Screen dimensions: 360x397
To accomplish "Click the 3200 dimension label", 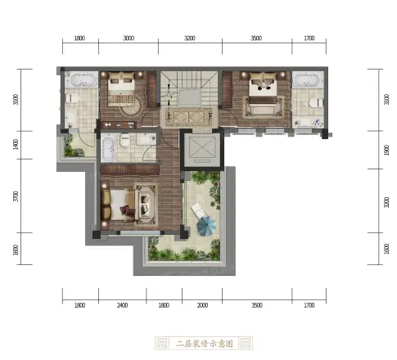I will click(x=190, y=38).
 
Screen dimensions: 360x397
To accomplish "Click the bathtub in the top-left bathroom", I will click(x=81, y=80).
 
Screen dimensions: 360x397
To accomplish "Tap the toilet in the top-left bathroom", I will click(x=72, y=98).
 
